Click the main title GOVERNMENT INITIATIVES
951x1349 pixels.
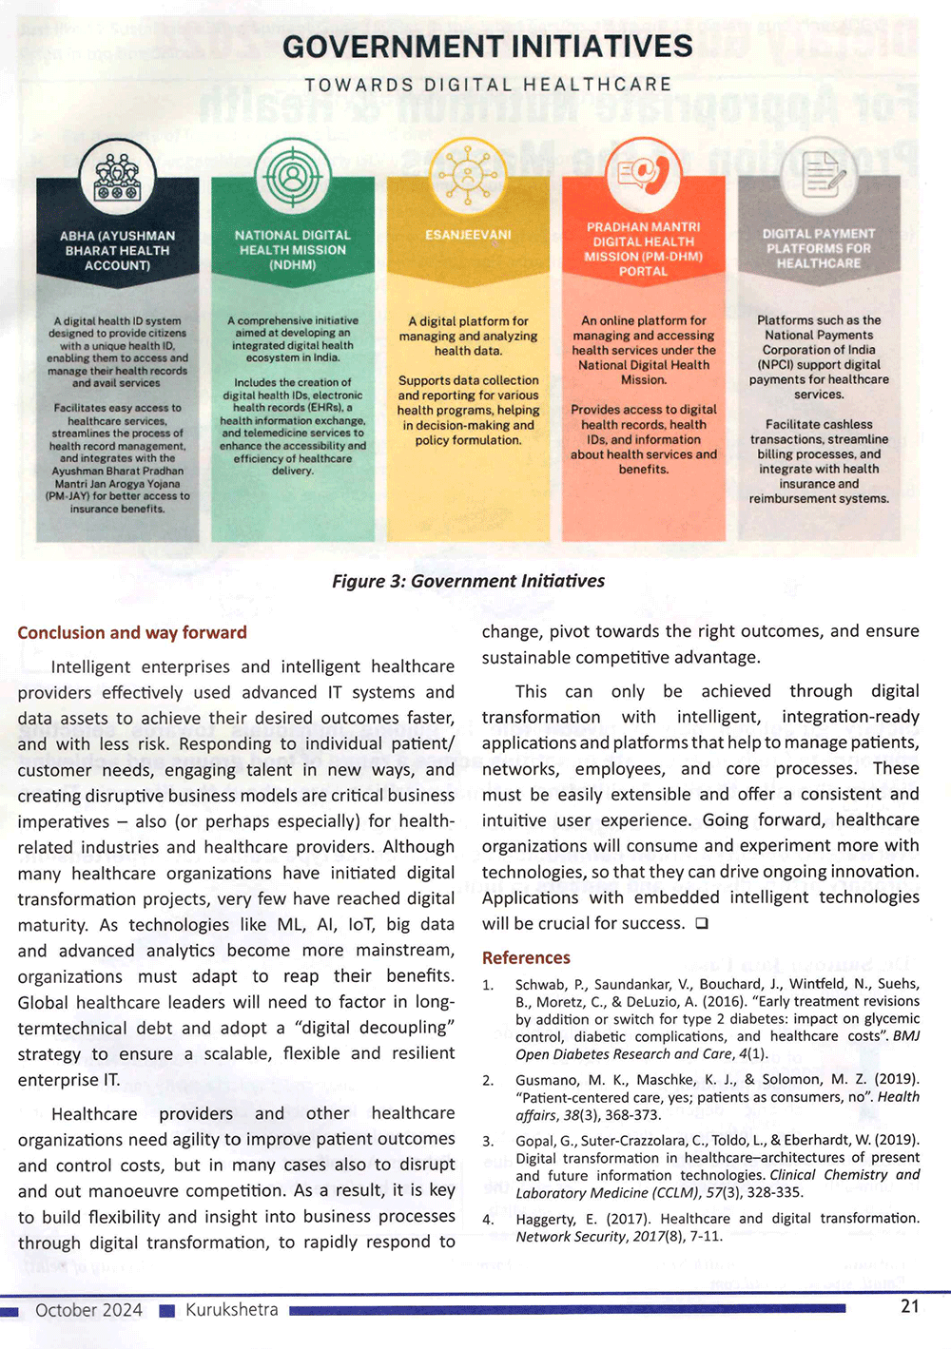(487, 47)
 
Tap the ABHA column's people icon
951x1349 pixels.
(118, 178)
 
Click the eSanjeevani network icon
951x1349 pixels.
(467, 176)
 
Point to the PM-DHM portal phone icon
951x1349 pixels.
(644, 176)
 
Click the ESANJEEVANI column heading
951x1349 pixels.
(468, 235)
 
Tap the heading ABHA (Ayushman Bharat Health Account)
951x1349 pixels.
(117, 250)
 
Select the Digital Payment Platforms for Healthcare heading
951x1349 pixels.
(819, 248)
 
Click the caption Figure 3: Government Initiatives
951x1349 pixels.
(468, 581)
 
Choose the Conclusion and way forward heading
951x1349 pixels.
(132, 633)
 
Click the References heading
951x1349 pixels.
(526, 957)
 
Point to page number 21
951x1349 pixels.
(909, 1306)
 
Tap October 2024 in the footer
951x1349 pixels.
(88, 1310)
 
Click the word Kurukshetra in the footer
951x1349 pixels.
(232, 1310)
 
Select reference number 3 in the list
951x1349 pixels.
(488, 1141)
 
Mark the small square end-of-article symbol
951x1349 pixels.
(702, 923)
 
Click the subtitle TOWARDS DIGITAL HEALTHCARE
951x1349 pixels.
(487, 85)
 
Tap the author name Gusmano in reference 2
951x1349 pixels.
(548, 1079)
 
